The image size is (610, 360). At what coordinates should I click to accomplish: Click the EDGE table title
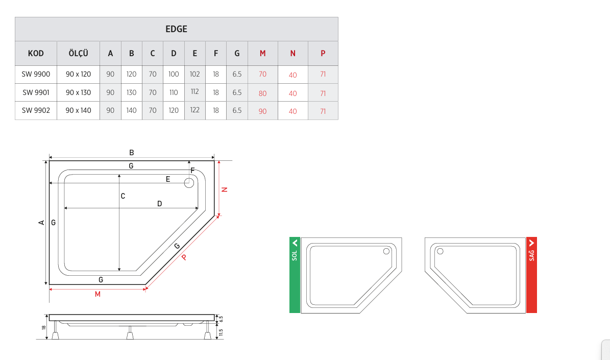pos(176,29)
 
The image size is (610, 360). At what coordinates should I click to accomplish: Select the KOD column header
pos(36,53)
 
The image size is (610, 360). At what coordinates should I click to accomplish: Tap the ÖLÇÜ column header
pos(78,53)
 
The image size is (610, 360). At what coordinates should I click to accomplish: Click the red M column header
pos(262,53)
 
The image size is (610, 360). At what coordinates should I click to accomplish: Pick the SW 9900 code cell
pos(36,74)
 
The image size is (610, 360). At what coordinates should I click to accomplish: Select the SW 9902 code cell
pos(36,110)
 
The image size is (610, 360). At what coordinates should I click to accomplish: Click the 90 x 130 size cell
pos(78,92)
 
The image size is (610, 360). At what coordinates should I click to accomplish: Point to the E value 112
pos(194,91)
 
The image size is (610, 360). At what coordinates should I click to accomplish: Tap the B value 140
pos(132,110)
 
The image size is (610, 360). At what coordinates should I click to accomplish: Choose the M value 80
pos(262,93)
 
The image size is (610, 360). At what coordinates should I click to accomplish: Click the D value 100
pos(174,74)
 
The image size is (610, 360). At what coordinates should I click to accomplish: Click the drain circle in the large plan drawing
pos(189,183)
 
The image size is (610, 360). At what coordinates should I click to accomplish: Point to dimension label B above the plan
pos(132,153)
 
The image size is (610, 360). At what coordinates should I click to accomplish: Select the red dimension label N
pos(224,189)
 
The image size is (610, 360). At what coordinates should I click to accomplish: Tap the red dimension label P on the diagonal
pos(184,257)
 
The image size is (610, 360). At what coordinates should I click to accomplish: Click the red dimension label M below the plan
pos(97,294)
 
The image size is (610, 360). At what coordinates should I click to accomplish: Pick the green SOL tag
pos(295,275)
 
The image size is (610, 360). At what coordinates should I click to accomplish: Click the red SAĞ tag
pos(531,275)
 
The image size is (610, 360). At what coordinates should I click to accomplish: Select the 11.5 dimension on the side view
pos(221,332)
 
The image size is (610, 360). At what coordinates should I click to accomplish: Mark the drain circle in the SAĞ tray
pos(440,251)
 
